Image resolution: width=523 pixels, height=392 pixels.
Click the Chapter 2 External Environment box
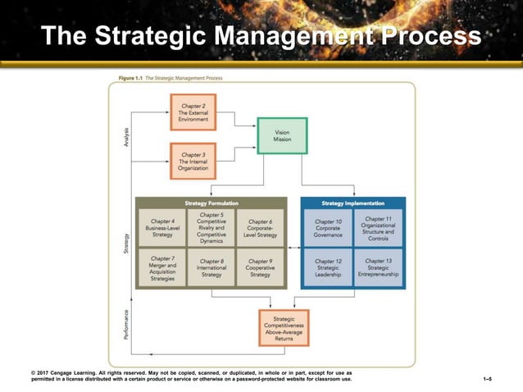click(194, 112)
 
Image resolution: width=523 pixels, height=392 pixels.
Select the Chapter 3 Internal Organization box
click(193, 160)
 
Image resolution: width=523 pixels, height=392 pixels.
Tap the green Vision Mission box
click(282, 135)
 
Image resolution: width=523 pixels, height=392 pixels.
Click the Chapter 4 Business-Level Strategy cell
click(162, 227)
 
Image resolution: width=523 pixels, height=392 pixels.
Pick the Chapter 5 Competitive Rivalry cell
click(211, 227)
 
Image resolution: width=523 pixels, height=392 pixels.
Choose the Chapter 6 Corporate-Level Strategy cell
click(260, 228)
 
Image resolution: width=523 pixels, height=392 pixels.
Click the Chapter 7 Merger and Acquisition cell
click(162, 268)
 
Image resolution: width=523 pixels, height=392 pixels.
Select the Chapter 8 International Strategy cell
click(211, 268)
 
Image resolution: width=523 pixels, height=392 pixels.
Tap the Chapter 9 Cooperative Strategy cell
click(260, 268)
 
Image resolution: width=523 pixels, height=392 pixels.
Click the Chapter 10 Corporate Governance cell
click(329, 228)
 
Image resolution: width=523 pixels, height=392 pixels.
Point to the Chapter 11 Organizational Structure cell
click(378, 228)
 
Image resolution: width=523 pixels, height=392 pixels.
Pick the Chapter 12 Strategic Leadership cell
click(329, 268)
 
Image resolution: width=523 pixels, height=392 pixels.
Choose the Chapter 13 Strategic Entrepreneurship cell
click(378, 268)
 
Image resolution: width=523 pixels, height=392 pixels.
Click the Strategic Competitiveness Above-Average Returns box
click(284, 327)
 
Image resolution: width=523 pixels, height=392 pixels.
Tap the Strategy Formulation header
click(211, 203)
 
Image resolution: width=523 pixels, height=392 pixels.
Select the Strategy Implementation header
click(354, 203)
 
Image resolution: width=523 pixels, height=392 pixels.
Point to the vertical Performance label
click(126, 324)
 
